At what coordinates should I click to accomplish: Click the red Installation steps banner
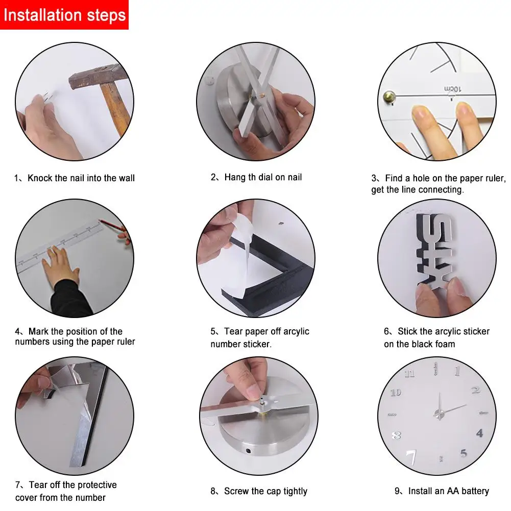tap(64, 15)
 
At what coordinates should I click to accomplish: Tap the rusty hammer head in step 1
tap(98, 77)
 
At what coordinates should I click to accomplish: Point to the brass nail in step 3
tap(389, 97)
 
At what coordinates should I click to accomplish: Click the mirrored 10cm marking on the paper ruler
tap(453, 89)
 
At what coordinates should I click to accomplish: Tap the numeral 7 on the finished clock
tap(411, 457)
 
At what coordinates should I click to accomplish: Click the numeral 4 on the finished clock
tap(479, 433)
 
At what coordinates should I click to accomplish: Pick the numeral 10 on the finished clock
tap(396, 393)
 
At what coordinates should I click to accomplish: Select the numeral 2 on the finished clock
tap(476, 390)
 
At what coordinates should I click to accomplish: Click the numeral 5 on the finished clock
tap(464, 453)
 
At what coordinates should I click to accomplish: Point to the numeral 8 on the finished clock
tap(396, 435)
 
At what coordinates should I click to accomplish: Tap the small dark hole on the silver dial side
tap(248, 451)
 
